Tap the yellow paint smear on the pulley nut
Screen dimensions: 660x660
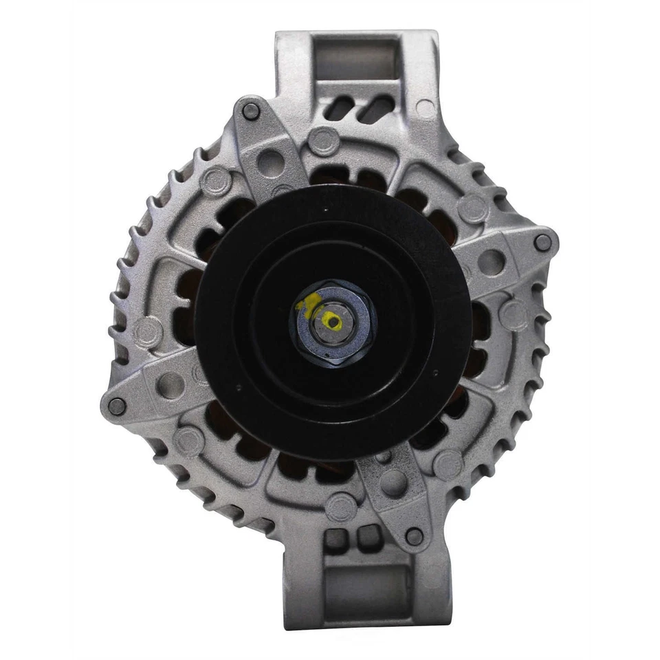point(307,303)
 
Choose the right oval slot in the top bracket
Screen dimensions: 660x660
point(377,108)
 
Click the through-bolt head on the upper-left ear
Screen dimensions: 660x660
point(251,109)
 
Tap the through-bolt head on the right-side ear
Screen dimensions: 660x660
point(542,242)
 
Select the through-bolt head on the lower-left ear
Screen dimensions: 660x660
point(117,406)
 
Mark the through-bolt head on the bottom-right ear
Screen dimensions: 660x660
point(414,537)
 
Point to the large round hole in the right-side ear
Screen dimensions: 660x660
point(492,261)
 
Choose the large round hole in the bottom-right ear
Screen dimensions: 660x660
point(393,483)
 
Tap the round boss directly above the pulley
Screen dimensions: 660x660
point(323,140)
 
